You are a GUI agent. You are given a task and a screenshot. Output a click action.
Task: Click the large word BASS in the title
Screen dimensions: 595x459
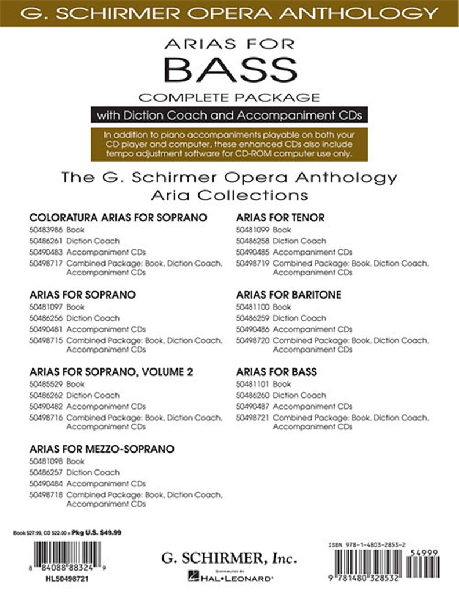229,71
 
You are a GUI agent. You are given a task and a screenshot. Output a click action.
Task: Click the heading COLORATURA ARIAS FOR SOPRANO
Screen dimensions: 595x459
118,218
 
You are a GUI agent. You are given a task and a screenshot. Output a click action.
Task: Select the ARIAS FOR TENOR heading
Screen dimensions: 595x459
280,218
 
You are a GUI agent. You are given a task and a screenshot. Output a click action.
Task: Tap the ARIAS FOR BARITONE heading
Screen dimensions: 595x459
288,295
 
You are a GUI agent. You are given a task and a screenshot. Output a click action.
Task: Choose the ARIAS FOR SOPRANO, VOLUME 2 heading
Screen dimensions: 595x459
110,372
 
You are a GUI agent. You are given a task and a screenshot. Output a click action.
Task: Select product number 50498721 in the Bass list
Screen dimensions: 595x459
252,418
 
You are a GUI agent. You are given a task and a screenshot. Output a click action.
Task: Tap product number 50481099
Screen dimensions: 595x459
252,230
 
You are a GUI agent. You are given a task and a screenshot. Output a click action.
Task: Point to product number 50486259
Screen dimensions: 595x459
252,318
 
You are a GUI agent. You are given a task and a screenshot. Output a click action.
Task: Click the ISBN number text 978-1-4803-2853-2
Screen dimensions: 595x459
382,543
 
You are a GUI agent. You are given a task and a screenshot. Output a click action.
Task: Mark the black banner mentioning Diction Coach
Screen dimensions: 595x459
229,115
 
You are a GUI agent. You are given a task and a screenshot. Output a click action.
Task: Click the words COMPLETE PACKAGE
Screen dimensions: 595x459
229,96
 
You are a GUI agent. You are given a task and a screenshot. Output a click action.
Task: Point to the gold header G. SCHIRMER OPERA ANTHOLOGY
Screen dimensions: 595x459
229,12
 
